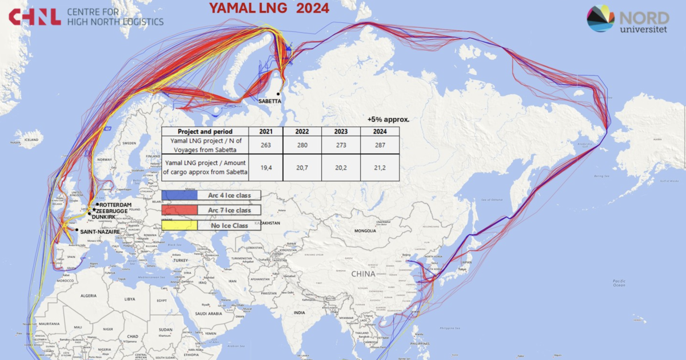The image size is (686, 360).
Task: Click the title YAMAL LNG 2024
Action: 269,8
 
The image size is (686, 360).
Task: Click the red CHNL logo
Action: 34,17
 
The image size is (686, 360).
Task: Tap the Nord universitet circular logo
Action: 600,18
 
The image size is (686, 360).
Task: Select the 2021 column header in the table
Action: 266,131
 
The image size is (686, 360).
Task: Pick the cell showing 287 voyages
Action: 380,145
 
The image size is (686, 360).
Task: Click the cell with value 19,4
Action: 266,167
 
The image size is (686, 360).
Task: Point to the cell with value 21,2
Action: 380,167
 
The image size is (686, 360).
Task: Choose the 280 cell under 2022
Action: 302,145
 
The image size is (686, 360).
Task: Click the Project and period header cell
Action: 205,131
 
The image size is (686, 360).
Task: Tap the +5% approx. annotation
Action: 388,120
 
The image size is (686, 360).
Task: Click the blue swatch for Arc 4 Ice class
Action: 180,195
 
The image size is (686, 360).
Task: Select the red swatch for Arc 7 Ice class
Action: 180,210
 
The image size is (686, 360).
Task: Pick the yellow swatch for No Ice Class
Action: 180,226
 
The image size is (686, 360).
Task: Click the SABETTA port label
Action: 270,101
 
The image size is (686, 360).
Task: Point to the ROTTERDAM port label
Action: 115,205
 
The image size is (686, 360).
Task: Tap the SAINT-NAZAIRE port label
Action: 100,231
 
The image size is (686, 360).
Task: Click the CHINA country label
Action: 363,274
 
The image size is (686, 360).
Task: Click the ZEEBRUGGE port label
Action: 112,211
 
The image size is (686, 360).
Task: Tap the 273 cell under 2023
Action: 341,145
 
